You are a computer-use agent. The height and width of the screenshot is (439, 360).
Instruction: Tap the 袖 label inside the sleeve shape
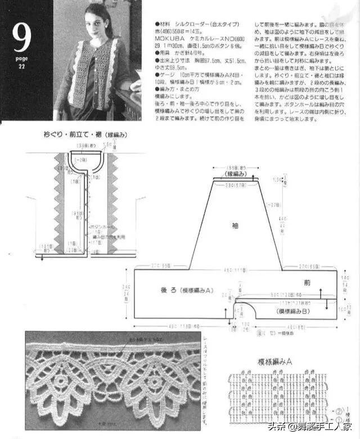click(235, 225)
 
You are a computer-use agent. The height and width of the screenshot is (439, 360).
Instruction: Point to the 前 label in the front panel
click(307, 283)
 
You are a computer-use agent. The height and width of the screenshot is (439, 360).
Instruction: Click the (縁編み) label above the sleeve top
click(236, 175)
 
